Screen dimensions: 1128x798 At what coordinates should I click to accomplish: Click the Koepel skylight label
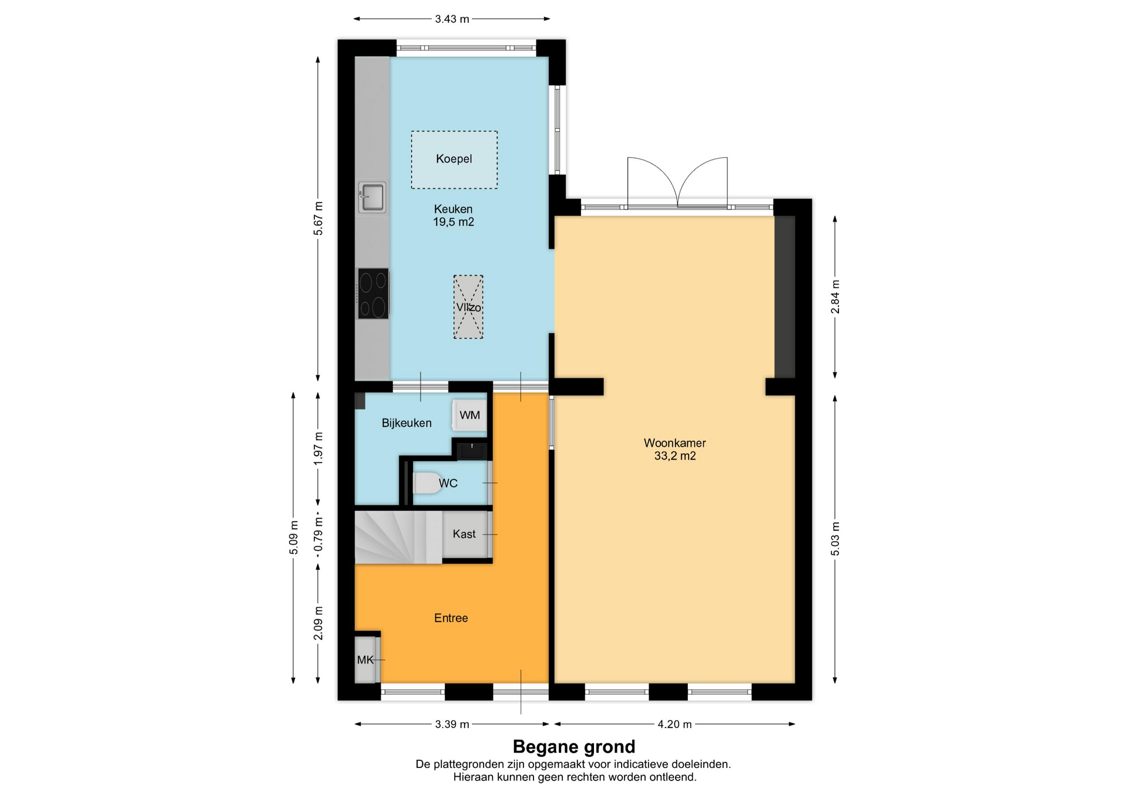[454, 159]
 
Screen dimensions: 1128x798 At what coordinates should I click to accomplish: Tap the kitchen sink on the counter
[372, 197]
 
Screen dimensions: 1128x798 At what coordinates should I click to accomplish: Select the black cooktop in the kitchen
[374, 294]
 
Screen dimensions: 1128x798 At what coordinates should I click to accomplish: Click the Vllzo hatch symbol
[468, 307]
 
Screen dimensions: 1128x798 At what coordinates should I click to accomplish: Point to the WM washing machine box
[469, 415]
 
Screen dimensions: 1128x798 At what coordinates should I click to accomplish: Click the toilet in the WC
[428, 483]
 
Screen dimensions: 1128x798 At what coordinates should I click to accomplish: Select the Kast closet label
[464, 534]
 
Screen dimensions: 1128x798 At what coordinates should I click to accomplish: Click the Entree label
[451, 618]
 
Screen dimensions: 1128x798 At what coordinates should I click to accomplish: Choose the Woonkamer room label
[674, 443]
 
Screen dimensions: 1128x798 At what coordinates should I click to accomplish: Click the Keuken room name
[453, 209]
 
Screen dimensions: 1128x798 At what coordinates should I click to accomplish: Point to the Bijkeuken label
[407, 423]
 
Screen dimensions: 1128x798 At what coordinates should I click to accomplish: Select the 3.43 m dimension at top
[452, 19]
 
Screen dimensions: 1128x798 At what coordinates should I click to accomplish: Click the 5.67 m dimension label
[318, 218]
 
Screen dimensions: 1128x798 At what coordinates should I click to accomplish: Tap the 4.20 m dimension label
[674, 724]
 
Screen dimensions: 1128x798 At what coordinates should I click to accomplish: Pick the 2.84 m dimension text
[835, 297]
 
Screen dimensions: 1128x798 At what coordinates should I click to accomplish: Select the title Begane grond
[574, 746]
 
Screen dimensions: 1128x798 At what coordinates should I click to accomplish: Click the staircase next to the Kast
[398, 537]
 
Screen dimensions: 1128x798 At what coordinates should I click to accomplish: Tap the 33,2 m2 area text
[675, 456]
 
